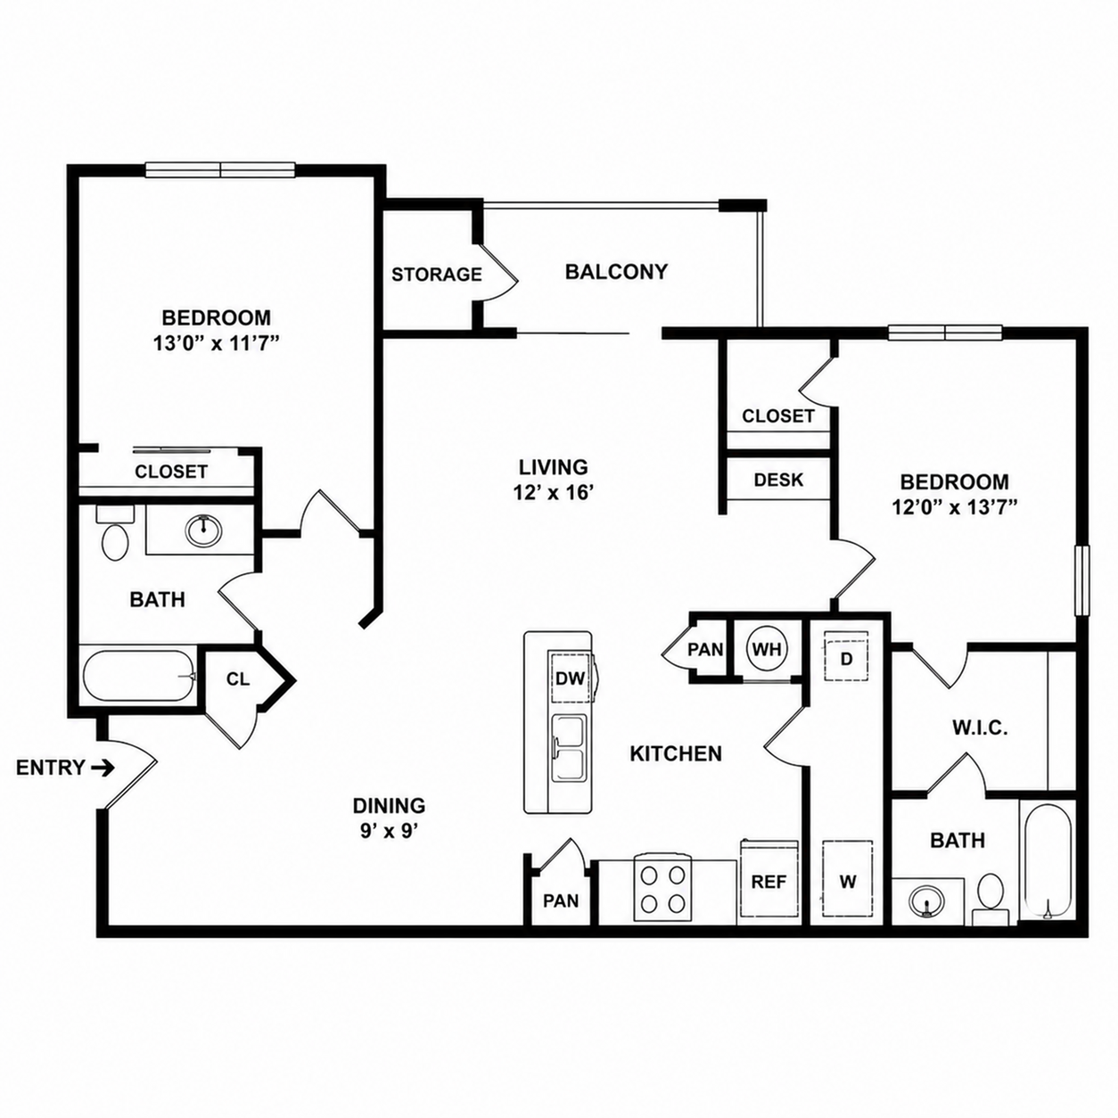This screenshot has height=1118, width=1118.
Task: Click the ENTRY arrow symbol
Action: pyautogui.click(x=103, y=769)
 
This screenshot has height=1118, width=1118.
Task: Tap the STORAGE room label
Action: pyautogui.click(x=436, y=275)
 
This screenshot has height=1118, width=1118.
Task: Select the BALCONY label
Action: pyautogui.click(x=616, y=272)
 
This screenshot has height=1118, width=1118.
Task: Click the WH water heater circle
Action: pyautogui.click(x=767, y=649)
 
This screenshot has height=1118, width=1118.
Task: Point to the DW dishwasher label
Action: pyautogui.click(x=569, y=678)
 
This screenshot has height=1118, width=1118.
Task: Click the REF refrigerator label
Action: pyautogui.click(x=769, y=882)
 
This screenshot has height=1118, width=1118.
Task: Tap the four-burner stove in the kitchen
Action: pyautogui.click(x=662, y=890)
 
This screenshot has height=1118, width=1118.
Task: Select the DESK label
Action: pyautogui.click(x=778, y=480)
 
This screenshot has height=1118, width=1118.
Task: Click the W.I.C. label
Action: pyautogui.click(x=979, y=728)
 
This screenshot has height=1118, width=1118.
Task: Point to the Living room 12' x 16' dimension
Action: pyautogui.click(x=553, y=493)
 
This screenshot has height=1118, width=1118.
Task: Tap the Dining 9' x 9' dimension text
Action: pyautogui.click(x=390, y=832)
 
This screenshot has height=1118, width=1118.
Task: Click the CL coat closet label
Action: pyautogui.click(x=238, y=679)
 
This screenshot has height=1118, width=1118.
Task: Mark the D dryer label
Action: pyautogui.click(x=847, y=659)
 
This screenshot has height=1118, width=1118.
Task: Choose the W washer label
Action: pyautogui.click(x=848, y=883)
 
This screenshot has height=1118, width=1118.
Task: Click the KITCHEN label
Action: pyautogui.click(x=676, y=753)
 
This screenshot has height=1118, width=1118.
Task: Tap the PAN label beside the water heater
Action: pyautogui.click(x=705, y=649)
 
